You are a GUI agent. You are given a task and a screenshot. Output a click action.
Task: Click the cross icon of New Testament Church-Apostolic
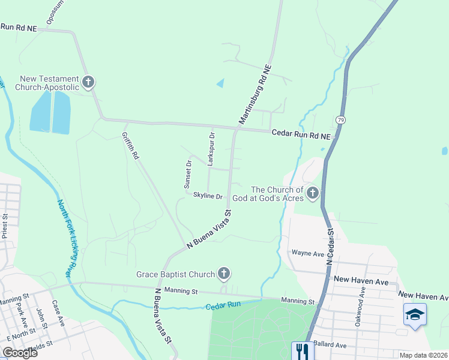(88, 82)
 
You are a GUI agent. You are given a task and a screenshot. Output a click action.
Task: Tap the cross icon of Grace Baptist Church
(224, 274)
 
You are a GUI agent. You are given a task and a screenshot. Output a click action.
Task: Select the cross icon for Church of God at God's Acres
(312, 193)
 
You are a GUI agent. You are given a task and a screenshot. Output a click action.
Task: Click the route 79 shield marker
(340, 119)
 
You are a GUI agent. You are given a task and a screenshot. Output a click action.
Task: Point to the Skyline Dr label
(208, 196)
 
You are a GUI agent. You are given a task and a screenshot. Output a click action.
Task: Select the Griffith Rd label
(130, 146)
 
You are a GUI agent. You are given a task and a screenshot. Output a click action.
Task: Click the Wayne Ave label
(304, 253)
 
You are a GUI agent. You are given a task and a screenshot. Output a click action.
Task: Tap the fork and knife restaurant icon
(301, 350)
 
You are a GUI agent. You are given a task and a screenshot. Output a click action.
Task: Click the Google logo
(20, 353)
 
